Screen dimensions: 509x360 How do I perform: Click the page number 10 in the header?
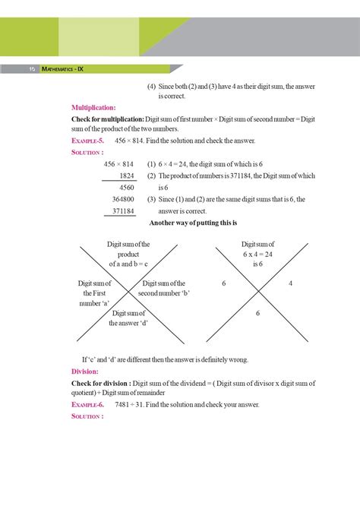coord(33,68)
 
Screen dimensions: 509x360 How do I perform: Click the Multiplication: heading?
coord(93,108)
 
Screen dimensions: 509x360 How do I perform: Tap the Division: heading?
coord(85,371)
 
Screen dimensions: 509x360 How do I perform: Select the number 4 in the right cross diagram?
coord(291,283)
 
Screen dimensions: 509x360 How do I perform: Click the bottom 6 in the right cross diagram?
coord(258,313)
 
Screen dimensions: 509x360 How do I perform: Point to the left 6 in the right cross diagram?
coord(225,283)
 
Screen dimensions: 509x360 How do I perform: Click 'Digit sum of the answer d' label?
coord(128,318)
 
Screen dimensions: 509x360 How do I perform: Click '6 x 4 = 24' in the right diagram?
coord(257,254)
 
